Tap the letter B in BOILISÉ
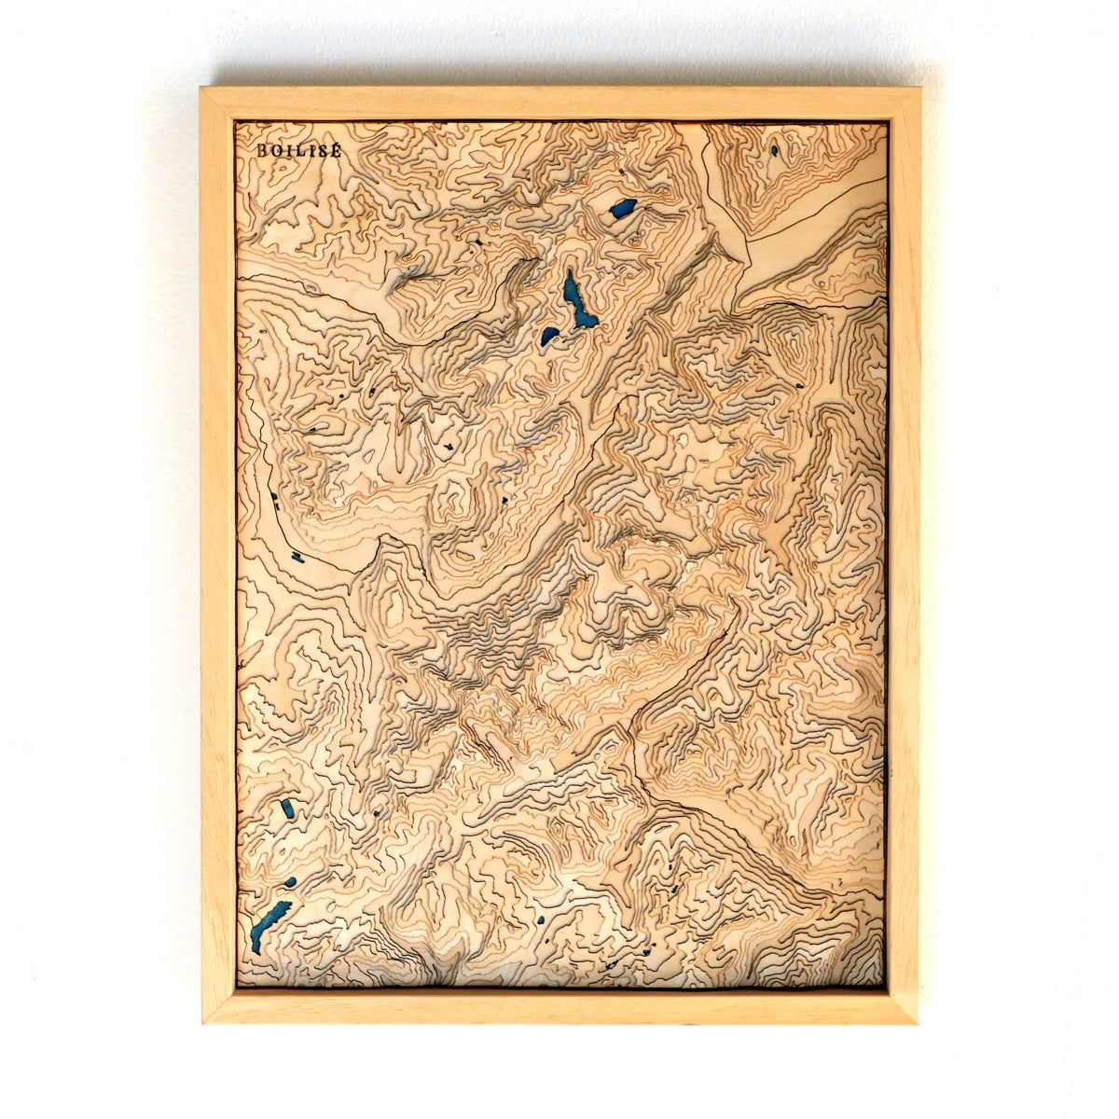coord(262,149)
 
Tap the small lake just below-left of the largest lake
coord(550,336)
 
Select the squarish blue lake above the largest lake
coord(622,209)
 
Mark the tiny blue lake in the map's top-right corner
coord(774,149)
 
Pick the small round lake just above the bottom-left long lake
coord(290,882)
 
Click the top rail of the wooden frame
coord(559,104)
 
